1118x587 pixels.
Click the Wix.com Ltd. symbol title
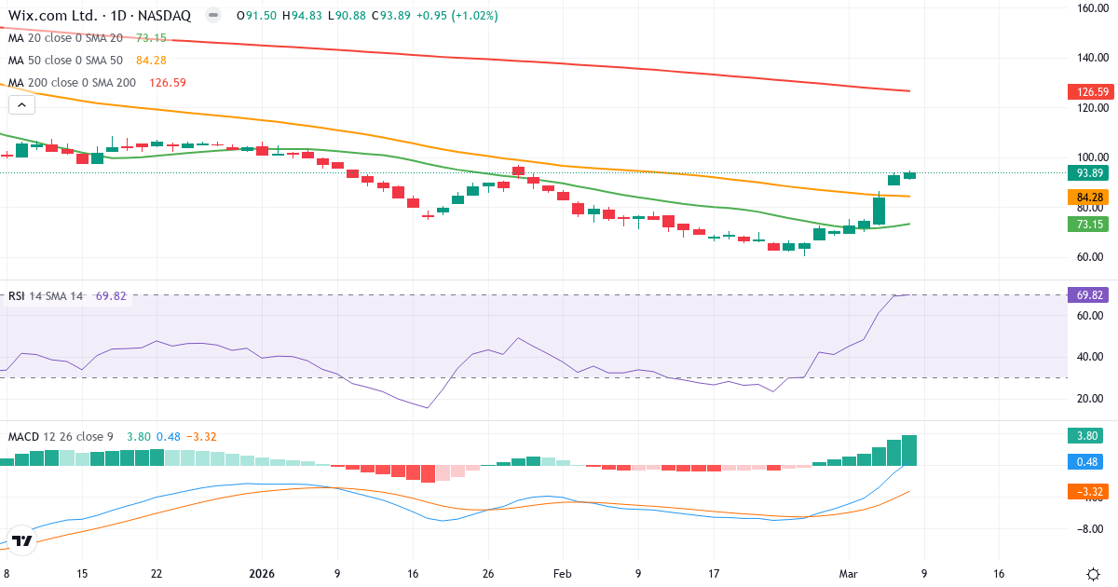[56, 16]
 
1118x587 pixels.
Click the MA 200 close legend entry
[72, 83]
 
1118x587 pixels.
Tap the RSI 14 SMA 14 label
[45, 296]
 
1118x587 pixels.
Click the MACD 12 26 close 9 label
[61, 436]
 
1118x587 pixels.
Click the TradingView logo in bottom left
[23, 540]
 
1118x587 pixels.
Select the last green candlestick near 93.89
[909, 175]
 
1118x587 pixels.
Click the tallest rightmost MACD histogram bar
[909, 450]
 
